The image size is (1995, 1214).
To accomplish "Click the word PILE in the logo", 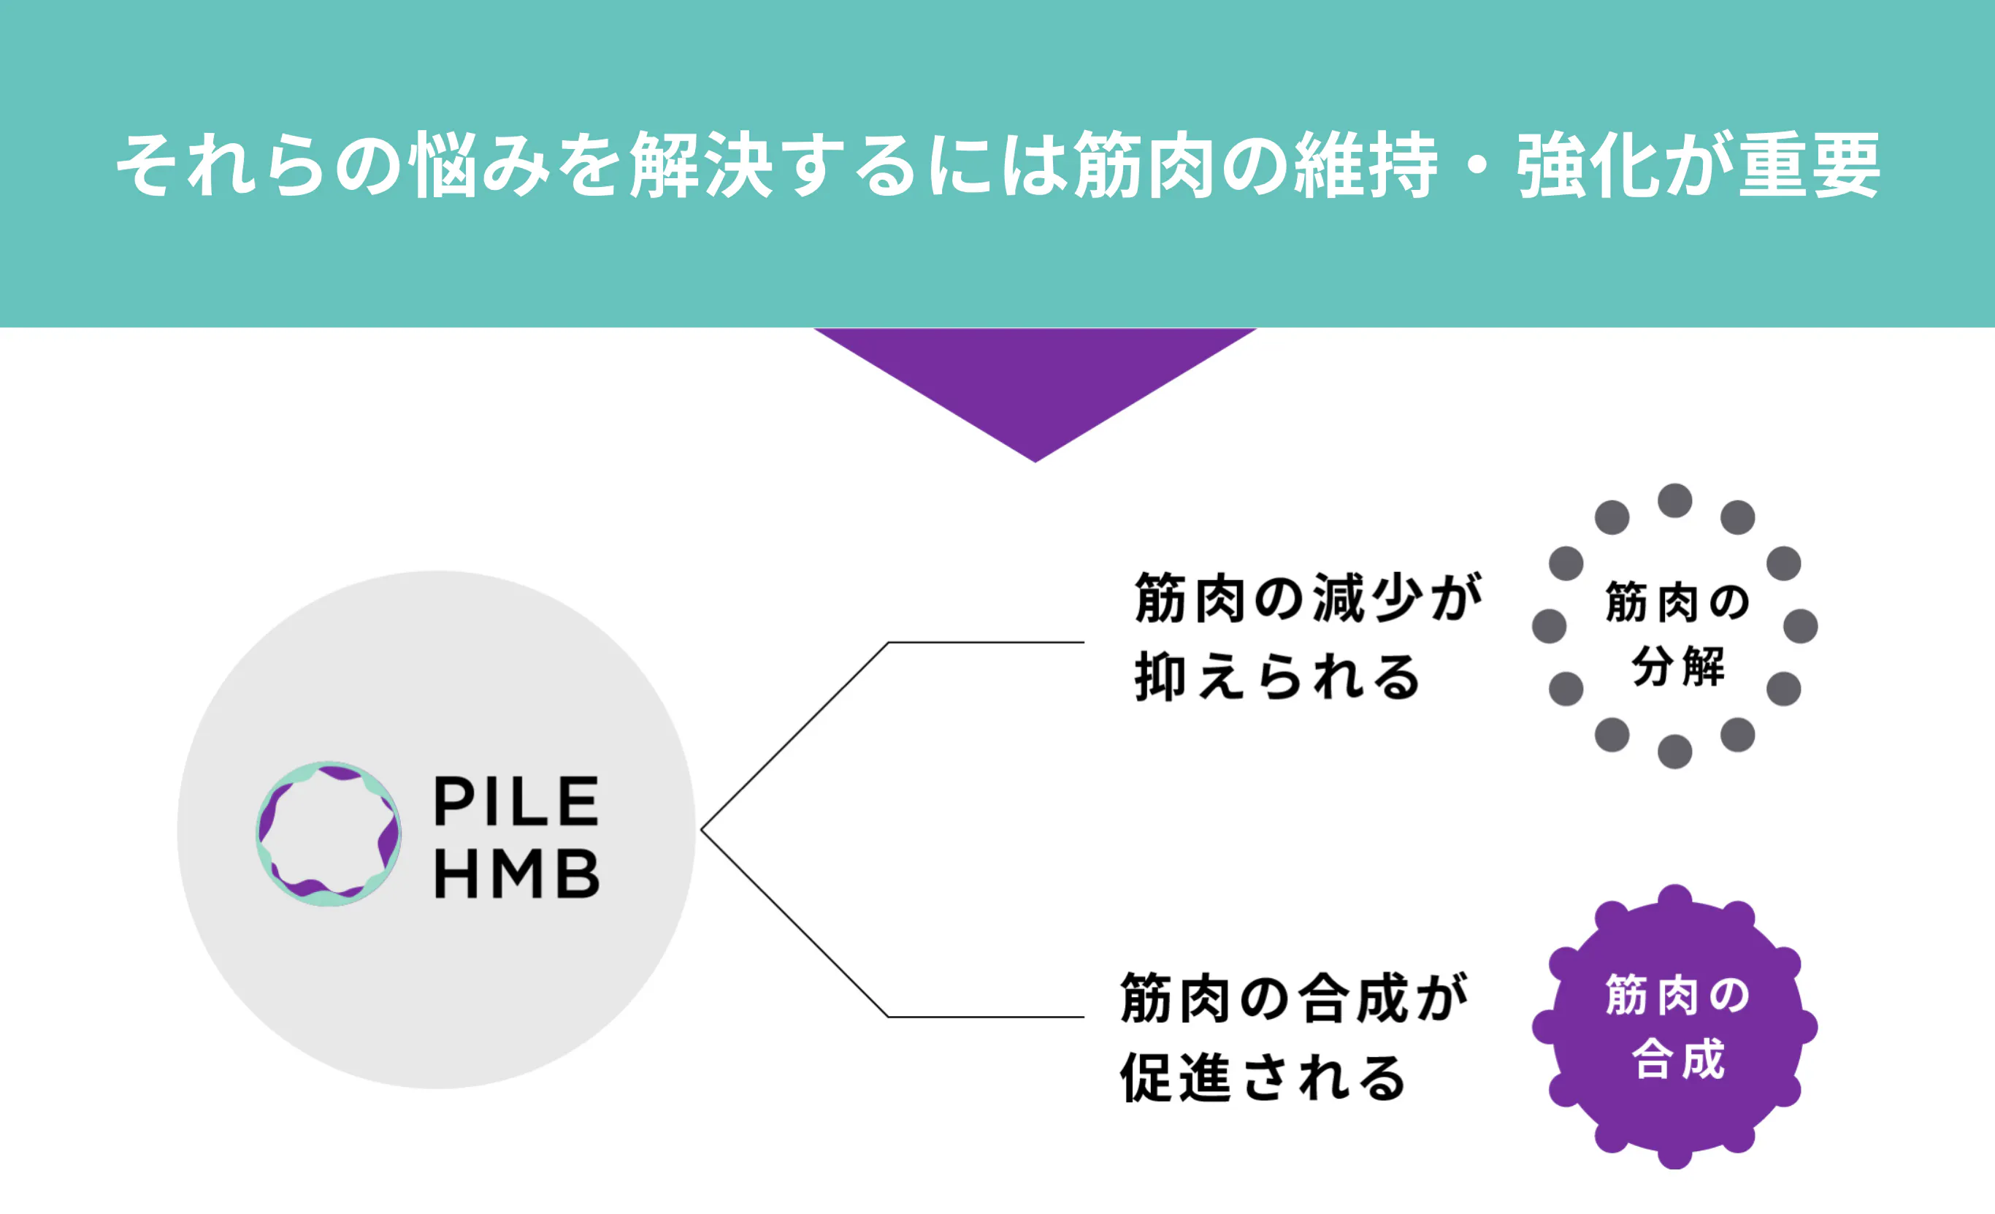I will [x=516, y=801].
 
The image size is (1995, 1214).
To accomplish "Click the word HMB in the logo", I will [x=516, y=874].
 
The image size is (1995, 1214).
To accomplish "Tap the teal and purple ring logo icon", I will [x=328, y=833].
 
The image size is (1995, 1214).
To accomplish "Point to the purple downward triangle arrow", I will [x=1035, y=381].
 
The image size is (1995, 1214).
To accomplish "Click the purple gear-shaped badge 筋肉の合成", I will [x=1674, y=1027].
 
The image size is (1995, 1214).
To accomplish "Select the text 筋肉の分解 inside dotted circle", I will [x=1676, y=634].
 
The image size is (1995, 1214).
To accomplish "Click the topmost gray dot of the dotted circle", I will [x=1674, y=500].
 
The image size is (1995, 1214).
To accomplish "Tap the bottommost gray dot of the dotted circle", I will [x=1674, y=752].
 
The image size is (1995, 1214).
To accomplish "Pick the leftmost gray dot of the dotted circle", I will [x=1549, y=626].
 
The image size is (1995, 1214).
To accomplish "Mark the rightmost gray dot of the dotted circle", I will [x=1801, y=626].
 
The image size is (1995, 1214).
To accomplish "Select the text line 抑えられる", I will [x=1277, y=677].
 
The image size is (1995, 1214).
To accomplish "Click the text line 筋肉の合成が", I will [x=1294, y=999].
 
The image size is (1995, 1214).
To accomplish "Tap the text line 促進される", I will [x=1263, y=1078].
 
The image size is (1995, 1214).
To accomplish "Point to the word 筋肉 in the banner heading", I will [x=1144, y=165].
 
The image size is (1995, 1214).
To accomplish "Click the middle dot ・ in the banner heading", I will [x=1477, y=165].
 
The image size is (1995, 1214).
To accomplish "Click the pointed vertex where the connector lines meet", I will [x=702, y=829].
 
